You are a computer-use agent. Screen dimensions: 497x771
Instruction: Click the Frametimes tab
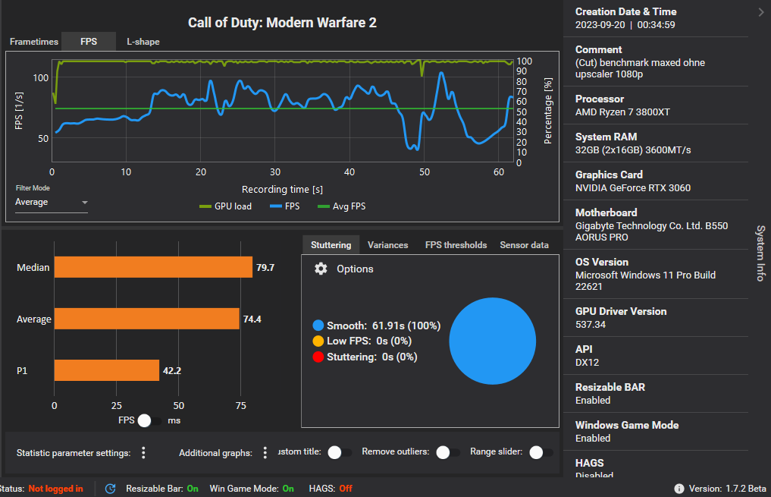tap(34, 42)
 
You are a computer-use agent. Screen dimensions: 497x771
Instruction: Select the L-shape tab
tap(143, 42)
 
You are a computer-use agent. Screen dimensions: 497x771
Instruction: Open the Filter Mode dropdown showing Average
tap(52, 203)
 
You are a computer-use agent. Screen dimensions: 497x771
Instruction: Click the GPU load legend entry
tap(225, 206)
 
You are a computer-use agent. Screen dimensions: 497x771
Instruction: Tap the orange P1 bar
tap(106, 371)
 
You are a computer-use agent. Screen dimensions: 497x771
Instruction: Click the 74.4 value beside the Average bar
tap(252, 319)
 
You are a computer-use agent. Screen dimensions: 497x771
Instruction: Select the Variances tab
tap(387, 245)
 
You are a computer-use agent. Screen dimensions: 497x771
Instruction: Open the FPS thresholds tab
tap(456, 245)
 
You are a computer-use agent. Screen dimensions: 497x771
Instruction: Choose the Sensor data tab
tap(524, 245)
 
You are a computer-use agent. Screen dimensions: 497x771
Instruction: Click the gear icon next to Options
tap(321, 269)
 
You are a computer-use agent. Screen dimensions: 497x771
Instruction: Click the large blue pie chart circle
tap(493, 341)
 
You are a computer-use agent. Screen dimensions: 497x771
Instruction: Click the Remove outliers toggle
tap(447, 452)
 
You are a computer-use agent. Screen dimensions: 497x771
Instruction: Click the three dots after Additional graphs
tap(265, 453)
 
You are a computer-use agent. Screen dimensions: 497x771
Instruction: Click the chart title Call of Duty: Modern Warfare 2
tap(282, 23)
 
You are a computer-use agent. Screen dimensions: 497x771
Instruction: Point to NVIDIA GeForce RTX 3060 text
tap(632, 188)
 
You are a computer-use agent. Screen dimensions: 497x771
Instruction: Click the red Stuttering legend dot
tap(318, 357)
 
